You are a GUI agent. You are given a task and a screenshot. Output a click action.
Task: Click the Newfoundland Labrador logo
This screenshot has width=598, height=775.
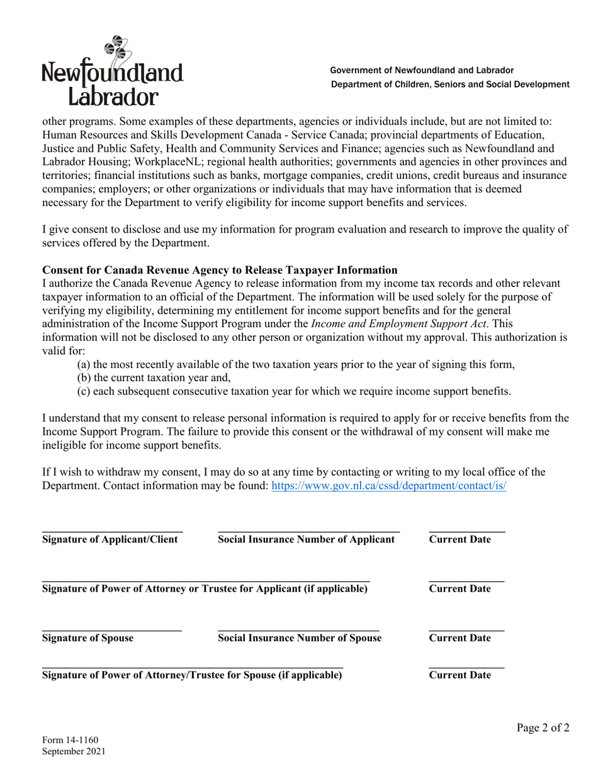(x=112, y=71)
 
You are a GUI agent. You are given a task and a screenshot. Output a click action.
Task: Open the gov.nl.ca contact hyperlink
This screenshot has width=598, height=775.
(x=388, y=486)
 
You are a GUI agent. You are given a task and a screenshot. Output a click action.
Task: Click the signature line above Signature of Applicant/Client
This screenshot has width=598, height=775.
(x=112, y=533)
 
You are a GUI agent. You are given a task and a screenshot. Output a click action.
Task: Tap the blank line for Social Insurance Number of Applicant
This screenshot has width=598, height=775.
(x=308, y=533)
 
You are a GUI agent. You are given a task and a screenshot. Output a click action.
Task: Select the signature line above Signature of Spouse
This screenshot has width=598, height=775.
(x=111, y=631)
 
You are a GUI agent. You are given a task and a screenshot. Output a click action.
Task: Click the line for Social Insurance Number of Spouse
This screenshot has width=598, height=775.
(x=298, y=631)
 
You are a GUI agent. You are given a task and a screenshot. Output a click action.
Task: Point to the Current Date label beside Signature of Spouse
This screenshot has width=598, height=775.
(x=460, y=638)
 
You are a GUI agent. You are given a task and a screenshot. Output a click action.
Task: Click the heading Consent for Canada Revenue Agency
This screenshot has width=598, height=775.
(x=220, y=270)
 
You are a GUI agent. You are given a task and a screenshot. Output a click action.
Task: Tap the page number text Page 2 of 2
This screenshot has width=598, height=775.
(x=543, y=728)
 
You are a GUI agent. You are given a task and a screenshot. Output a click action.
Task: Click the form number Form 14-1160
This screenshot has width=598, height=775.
(x=70, y=740)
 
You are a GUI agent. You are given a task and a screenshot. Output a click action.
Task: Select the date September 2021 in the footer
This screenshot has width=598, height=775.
(x=74, y=751)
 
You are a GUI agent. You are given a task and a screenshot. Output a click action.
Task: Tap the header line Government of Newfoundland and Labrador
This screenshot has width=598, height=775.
(x=422, y=71)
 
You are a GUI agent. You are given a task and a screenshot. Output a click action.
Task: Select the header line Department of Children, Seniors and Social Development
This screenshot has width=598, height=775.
(x=450, y=84)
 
